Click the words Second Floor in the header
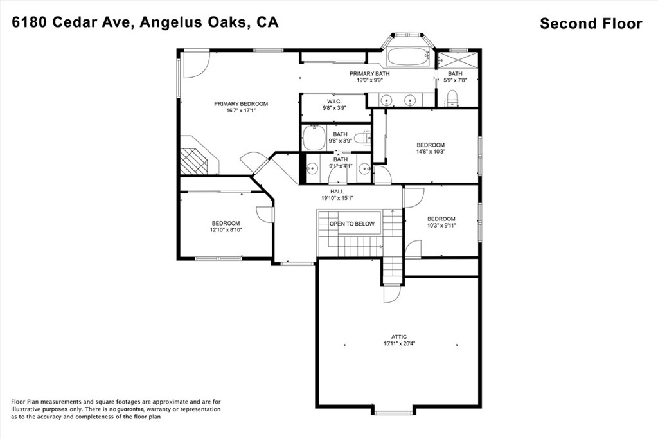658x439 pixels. click(591, 24)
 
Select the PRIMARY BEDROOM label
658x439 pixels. click(241, 103)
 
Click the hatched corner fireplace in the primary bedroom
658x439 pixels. click(193, 161)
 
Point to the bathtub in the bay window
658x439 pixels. click(408, 57)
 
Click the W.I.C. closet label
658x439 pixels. click(334, 101)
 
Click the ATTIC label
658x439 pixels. click(399, 337)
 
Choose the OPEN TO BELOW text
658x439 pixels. click(352, 224)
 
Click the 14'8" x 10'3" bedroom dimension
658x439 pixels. click(431, 152)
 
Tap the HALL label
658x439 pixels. click(337, 192)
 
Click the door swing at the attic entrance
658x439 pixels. click(391, 294)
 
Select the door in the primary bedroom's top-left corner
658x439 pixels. click(195, 64)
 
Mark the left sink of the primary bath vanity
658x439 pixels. click(387, 99)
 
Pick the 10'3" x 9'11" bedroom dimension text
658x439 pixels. click(441, 226)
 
